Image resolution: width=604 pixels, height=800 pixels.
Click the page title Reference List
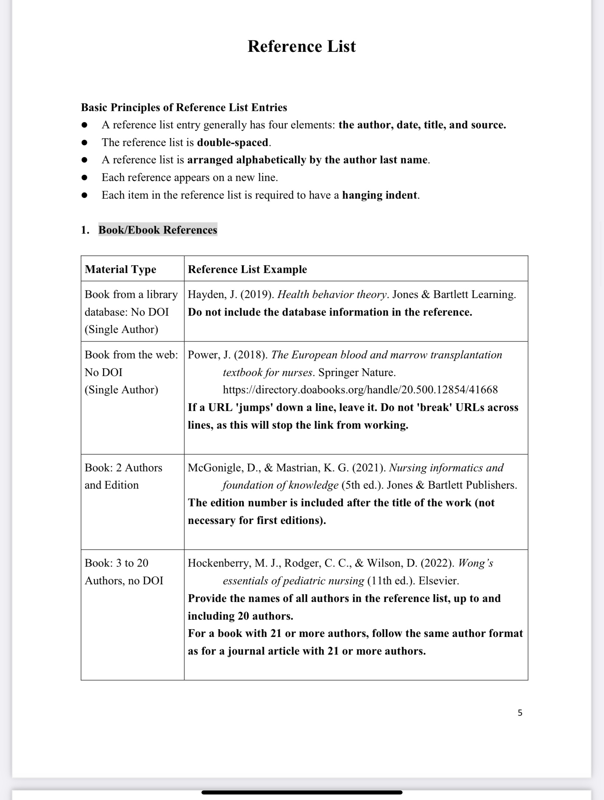coord(302,46)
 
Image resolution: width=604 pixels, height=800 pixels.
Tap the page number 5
coord(520,713)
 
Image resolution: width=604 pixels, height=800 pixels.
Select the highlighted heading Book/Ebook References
coord(158,230)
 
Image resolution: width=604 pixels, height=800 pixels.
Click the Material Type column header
coord(120,269)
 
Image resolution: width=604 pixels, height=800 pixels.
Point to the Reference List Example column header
coord(247,269)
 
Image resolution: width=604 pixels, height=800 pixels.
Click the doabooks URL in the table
coord(360,390)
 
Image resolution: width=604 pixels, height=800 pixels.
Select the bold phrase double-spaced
coord(233,142)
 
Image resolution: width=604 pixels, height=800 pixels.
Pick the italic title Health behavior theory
coord(332,294)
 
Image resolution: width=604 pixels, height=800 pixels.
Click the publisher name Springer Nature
coord(357,372)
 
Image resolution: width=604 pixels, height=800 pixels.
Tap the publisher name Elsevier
coord(438,581)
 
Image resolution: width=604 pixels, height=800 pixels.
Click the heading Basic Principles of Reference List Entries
coord(184,107)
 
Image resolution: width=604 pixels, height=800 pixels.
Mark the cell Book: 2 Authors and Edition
coord(123,476)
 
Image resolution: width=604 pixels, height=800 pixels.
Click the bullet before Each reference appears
coord(85,178)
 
